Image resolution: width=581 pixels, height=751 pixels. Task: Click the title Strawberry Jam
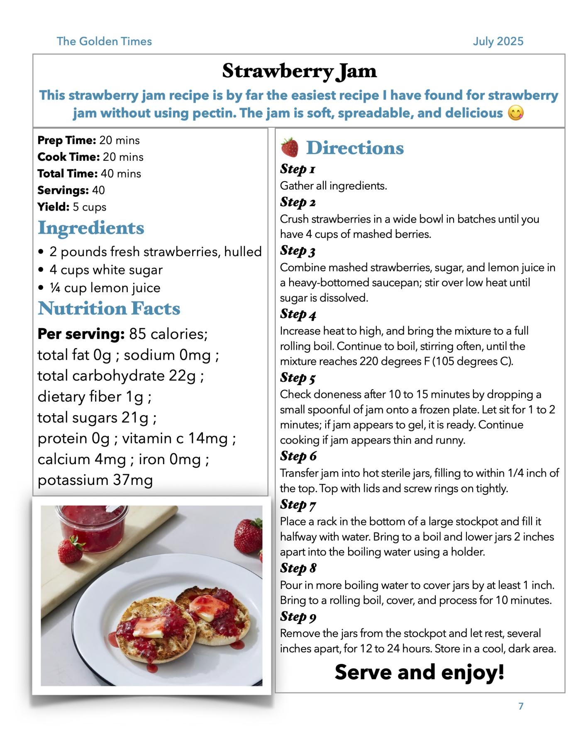pyautogui.click(x=299, y=71)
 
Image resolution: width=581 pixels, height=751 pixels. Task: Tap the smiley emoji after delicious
pyautogui.click(x=516, y=113)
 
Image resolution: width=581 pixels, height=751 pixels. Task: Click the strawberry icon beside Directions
pyautogui.click(x=290, y=148)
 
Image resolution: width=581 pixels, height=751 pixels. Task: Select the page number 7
pyautogui.click(x=521, y=706)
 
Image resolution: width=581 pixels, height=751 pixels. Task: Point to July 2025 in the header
pyautogui.click(x=498, y=41)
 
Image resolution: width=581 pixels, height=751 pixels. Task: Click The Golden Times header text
pyautogui.click(x=104, y=41)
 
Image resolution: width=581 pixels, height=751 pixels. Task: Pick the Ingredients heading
pyautogui.click(x=91, y=228)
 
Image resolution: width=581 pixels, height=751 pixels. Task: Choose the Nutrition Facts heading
pyautogui.click(x=109, y=308)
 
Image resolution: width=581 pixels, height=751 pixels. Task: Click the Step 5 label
pyautogui.click(x=298, y=378)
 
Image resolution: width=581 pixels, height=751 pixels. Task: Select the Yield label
pyautogui.click(x=53, y=207)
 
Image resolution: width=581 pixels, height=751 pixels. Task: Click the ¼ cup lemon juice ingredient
pyautogui.click(x=105, y=288)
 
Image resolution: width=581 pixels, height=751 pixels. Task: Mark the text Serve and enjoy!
pyautogui.click(x=419, y=672)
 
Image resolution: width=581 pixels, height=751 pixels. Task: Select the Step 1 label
pyautogui.click(x=298, y=169)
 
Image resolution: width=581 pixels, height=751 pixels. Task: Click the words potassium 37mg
pyautogui.click(x=95, y=480)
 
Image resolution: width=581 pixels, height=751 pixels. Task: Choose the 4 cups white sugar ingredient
pyautogui.click(x=106, y=270)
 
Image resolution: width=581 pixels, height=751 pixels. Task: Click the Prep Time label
pyautogui.click(x=66, y=140)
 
